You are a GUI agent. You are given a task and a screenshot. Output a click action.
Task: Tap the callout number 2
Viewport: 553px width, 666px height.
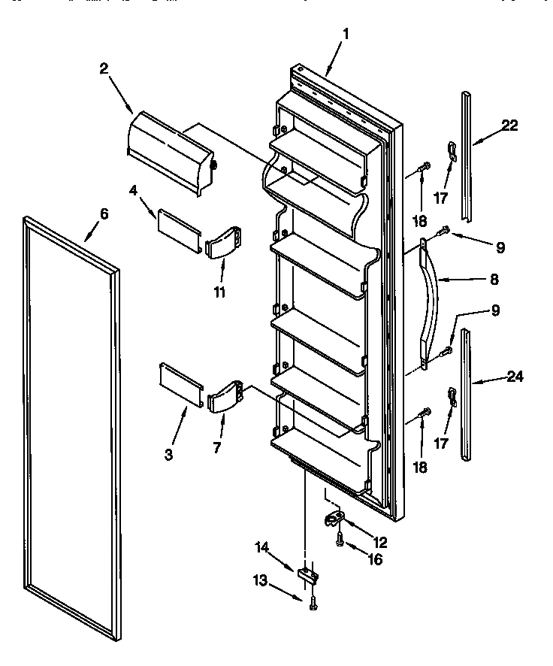click(x=104, y=68)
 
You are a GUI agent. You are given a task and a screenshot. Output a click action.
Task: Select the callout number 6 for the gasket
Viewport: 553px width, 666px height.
click(x=104, y=214)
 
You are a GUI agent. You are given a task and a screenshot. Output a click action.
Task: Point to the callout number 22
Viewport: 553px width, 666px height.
click(x=509, y=126)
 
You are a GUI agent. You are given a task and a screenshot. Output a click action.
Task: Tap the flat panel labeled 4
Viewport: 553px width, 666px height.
click(x=179, y=224)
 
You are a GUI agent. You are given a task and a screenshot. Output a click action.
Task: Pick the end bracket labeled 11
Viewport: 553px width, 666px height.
click(x=224, y=244)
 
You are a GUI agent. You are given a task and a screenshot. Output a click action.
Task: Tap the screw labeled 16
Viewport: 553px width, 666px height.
click(x=339, y=537)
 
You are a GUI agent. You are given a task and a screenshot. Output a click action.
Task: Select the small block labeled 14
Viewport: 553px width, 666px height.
click(x=308, y=577)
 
